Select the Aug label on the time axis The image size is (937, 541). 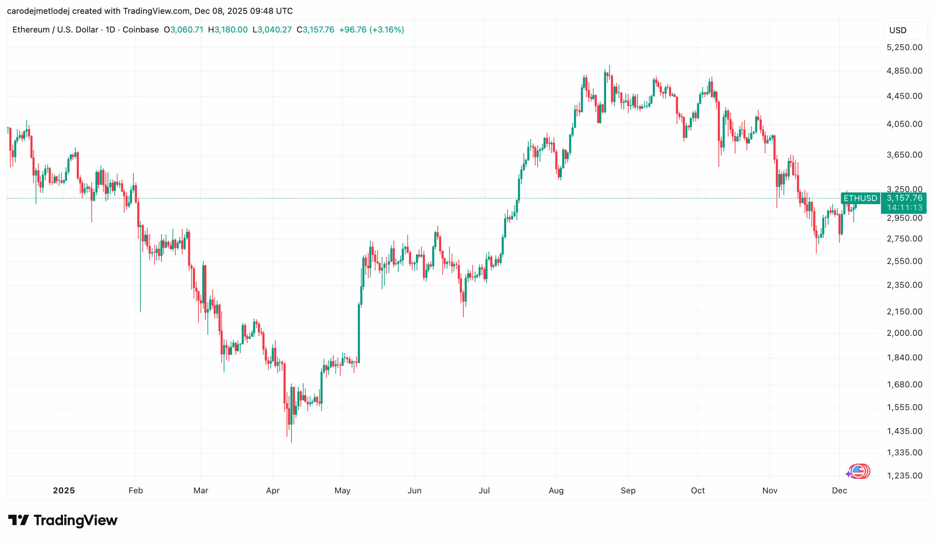click(x=556, y=491)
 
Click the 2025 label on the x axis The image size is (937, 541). click(x=64, y=491)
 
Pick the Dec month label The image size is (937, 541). click(x=839, y=491)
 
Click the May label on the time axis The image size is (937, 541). click(x=342, y=491)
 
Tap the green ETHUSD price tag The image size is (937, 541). click(x=860, y=198)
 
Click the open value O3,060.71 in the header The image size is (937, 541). click(x=183, y=30)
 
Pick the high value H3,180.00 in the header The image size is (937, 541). click(x=227, y=30)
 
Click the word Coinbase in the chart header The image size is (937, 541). click(x=141, y=30)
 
